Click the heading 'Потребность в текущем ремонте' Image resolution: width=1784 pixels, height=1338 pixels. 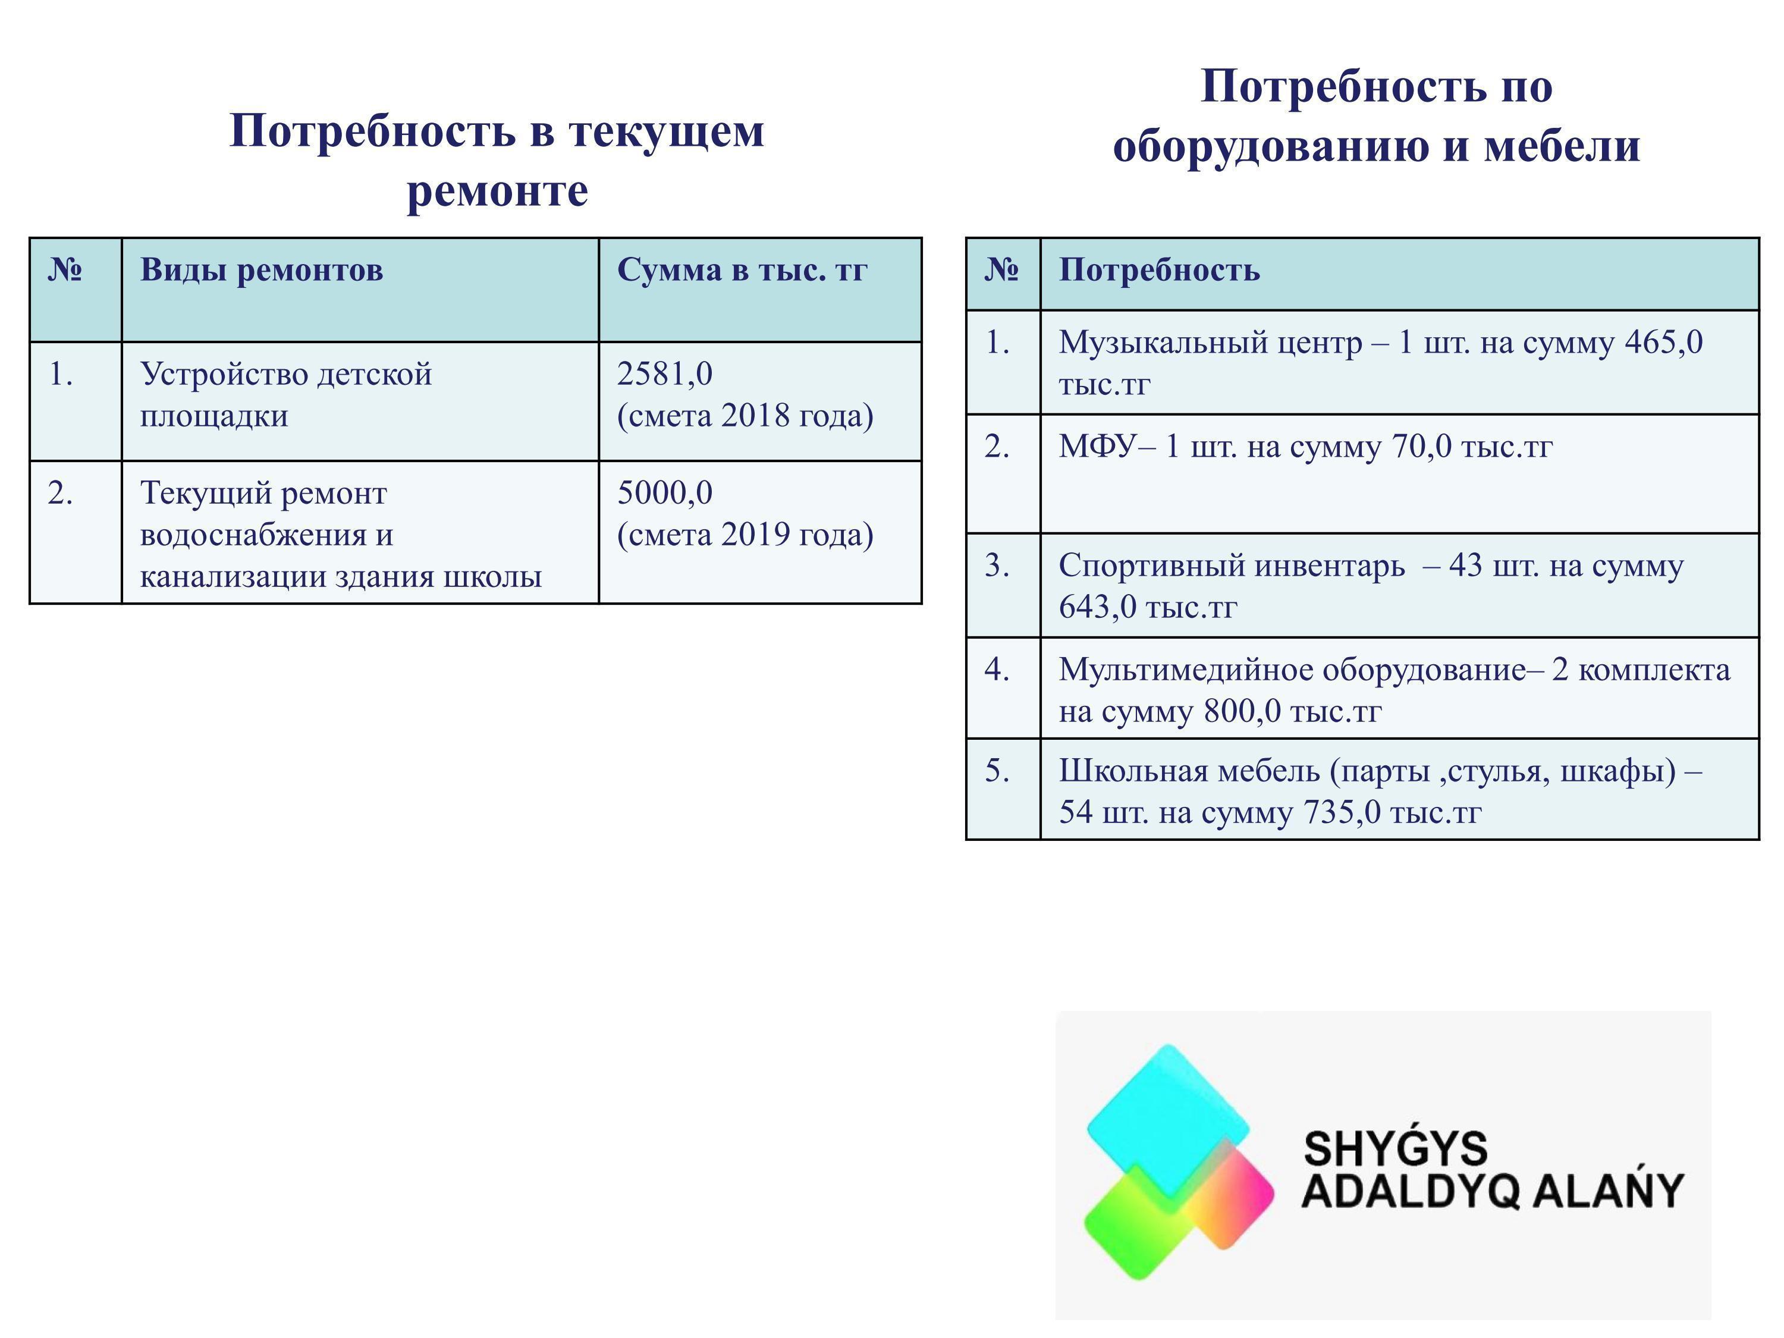(497, 160)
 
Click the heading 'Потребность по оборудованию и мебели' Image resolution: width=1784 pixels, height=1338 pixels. (1376, 115)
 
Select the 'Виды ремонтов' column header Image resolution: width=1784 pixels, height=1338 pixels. (261, 269)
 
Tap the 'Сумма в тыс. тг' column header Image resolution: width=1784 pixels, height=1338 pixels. (742, 269)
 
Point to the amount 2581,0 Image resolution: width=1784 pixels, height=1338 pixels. (665, 374)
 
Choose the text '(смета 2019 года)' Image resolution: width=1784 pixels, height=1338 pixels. (745, 535)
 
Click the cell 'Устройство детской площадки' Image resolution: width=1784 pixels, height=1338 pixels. (286, 394)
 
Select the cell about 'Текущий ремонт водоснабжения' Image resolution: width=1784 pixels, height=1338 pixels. (340, 534)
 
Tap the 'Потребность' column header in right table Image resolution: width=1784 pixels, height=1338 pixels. (1159, 269)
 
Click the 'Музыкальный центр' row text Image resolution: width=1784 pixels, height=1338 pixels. (1381, 363)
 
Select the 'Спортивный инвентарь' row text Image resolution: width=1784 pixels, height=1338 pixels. (1371, 586)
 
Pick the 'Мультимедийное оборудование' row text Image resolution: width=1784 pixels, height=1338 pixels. (1394, 690)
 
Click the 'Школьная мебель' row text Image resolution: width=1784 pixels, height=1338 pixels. (1381, 791)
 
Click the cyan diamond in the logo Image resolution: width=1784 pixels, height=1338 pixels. (1168, 1120)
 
